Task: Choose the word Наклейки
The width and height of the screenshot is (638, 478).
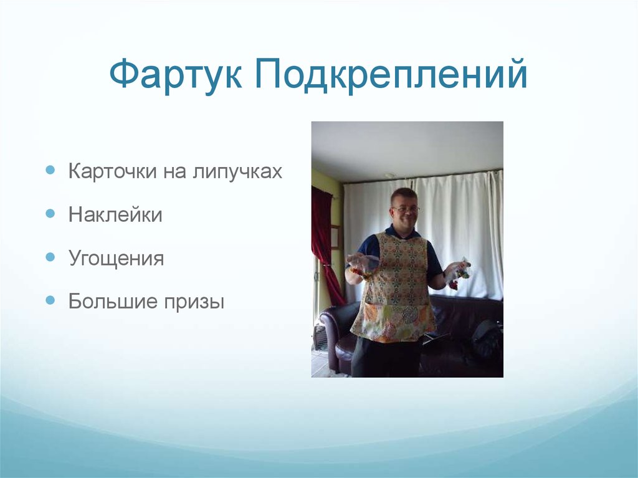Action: [x=115, y=215]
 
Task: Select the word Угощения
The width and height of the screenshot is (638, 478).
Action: [x=116, y=259]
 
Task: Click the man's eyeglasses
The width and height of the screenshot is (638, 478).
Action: [x=406, y=209]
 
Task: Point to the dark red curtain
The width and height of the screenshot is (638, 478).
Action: [x=325, y=243]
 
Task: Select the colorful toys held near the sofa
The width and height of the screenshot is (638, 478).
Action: [x=457, y=272]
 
